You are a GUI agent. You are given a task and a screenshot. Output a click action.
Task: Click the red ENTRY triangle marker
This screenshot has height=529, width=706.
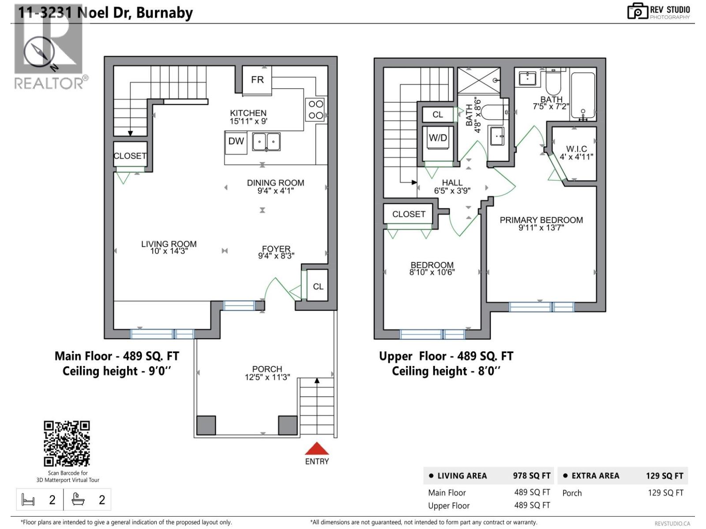317,449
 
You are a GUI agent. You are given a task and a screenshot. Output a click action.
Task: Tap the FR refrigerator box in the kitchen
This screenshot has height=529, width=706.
257,80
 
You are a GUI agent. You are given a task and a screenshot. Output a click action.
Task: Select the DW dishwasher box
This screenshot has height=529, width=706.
236,142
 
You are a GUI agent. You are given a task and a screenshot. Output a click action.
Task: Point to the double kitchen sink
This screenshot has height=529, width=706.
266,142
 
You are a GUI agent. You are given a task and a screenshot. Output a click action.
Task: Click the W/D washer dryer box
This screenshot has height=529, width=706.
438,138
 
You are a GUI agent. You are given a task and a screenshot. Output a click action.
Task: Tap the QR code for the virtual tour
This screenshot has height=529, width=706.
67,443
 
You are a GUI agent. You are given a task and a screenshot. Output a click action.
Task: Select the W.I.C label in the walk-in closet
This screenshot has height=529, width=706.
576,149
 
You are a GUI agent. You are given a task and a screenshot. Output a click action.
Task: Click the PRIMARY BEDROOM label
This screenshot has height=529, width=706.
541,220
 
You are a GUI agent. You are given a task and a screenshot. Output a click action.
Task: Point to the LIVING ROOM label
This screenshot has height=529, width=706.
169,244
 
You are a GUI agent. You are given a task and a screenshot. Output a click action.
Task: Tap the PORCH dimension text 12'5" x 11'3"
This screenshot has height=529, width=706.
267,377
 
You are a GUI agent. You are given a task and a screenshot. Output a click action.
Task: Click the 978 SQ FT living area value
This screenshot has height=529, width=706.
531,476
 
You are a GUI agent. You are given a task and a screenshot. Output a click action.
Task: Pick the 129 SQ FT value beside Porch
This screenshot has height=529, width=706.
665,493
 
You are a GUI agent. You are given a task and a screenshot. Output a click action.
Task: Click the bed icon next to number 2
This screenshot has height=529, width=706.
28,500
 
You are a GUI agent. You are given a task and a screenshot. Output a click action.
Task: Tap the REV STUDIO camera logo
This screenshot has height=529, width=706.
637,11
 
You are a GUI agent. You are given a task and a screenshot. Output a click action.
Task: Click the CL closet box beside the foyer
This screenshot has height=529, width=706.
318,287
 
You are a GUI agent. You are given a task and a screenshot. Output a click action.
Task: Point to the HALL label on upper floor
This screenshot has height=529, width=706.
452,183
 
